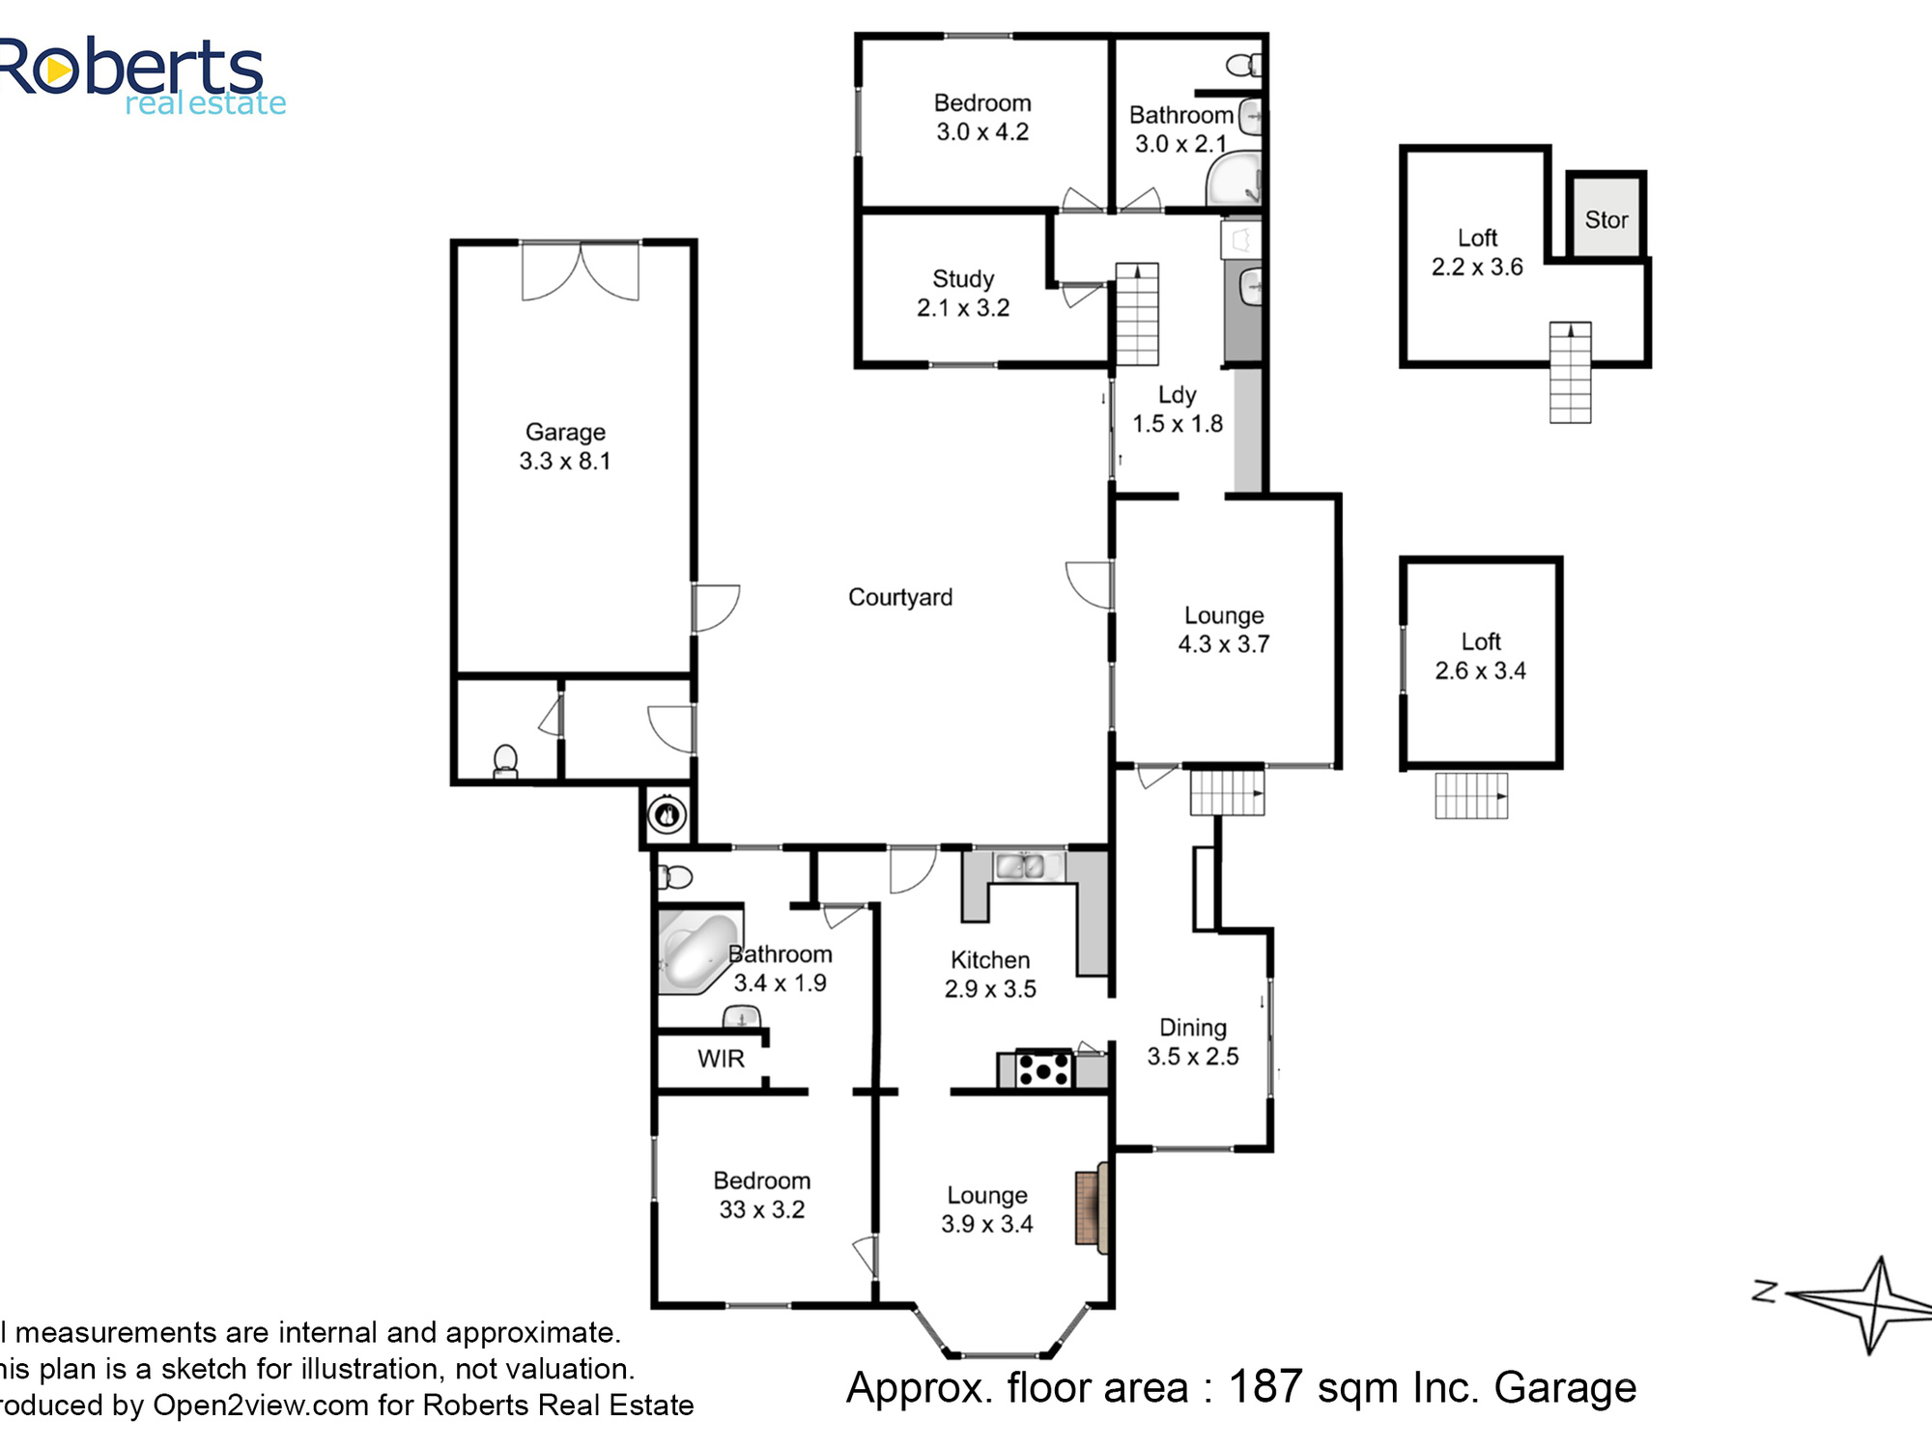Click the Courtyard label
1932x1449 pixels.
(900, 598)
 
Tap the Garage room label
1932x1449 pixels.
(565, 432)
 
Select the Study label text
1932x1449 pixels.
(963, 279)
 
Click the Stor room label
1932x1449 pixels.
(1606, 220)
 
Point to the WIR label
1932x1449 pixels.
(721, 1059)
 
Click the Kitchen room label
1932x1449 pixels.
(990, 960)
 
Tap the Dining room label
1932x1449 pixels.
(1193, 1028)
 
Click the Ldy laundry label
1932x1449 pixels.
(1178, 395)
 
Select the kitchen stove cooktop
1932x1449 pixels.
(1044, 1069)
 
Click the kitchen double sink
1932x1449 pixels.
(1020, 867)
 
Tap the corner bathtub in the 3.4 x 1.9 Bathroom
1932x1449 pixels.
(697, 952)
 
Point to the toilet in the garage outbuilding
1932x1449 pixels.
(505, 761)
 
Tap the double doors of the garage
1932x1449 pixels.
(581, 271)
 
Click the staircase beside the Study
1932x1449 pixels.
(1138, 314)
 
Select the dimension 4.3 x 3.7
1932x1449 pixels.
(1224, 644)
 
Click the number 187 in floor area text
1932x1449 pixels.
(1265, 1387)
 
